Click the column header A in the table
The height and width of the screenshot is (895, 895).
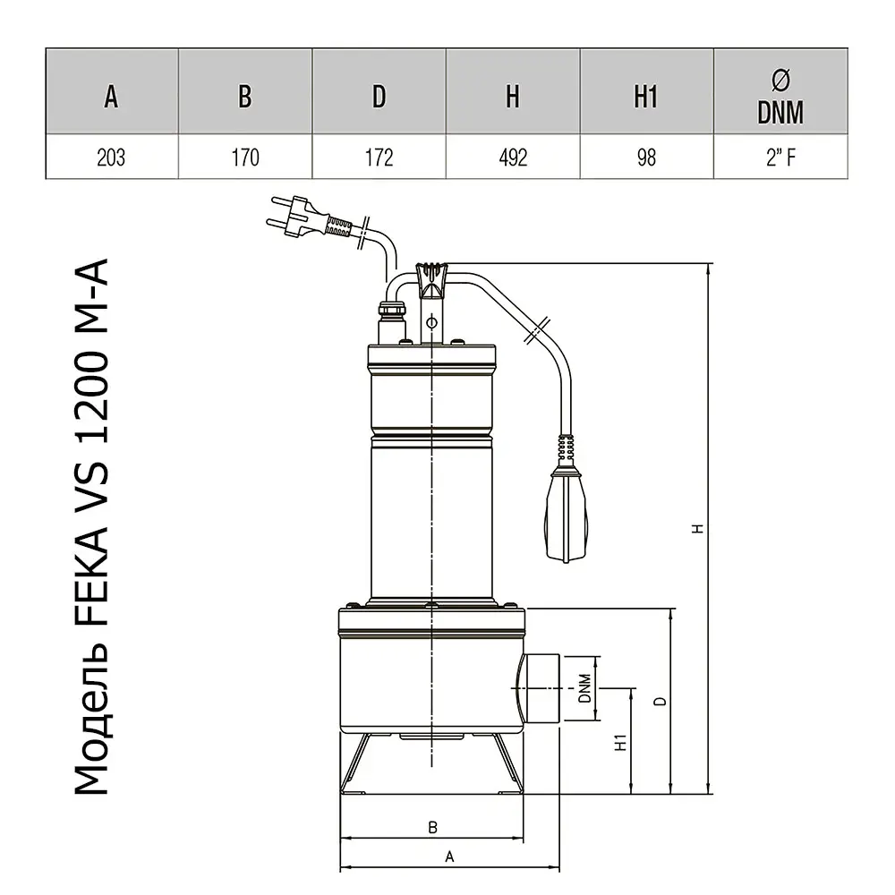tap(111, 97)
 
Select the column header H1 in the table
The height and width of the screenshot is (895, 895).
tap(645, 97)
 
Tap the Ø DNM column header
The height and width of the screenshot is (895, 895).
tap(780, 97)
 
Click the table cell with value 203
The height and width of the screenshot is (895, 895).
tap(111, 158)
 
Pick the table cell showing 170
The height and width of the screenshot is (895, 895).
tap(245, 158)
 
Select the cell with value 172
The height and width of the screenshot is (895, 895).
tap(379, 158)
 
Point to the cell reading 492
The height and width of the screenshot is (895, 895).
tap(513, 158)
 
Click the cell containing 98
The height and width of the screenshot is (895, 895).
tap(646, 158)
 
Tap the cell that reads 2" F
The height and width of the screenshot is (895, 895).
tap(780, 158)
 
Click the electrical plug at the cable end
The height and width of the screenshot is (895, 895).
tap(297, 217)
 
